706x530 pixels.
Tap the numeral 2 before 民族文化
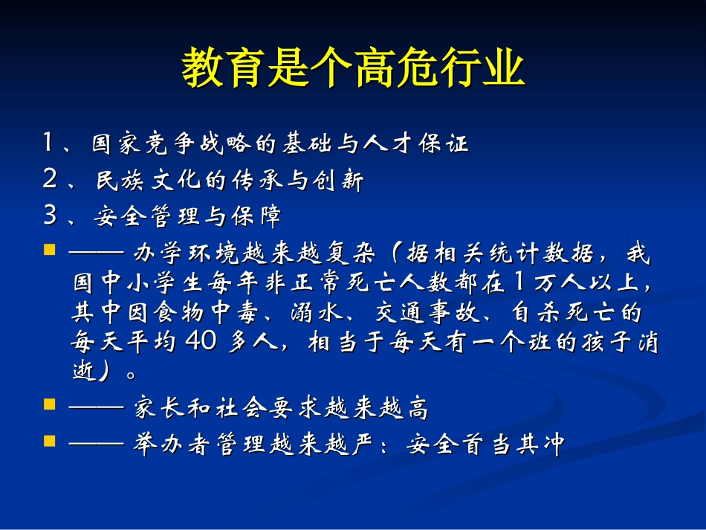pyautogui.click(x=50, y=180)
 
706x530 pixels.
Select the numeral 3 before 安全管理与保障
pyautogui.click(x=50, y=216)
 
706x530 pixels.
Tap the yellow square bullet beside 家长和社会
pyautogui.click(x=50, y=405)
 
